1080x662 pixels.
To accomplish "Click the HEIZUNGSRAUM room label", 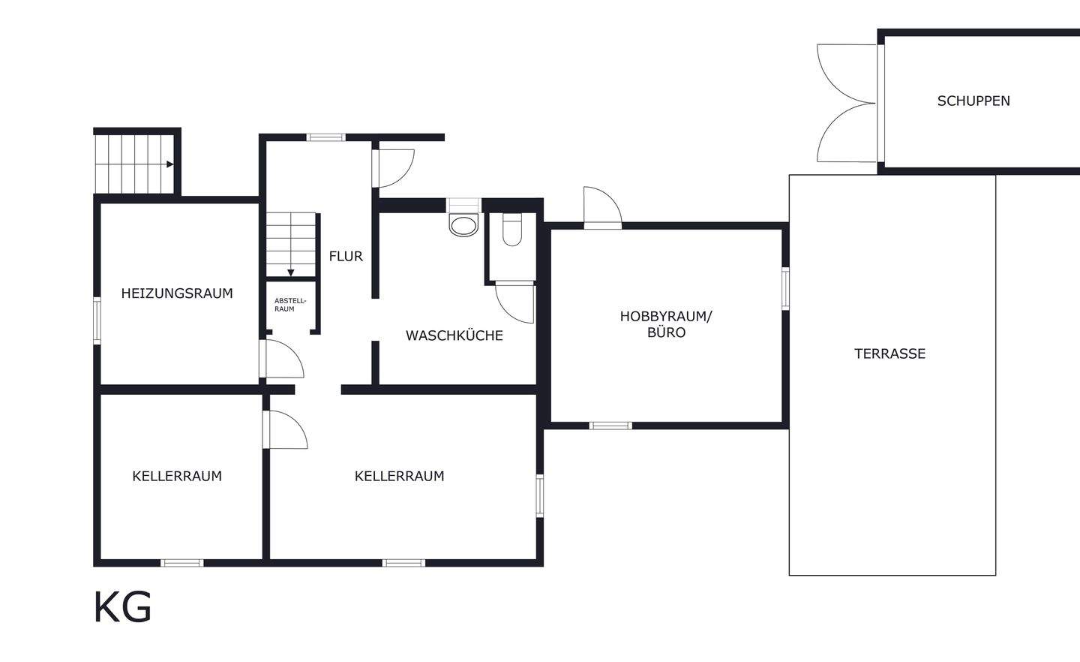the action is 177,293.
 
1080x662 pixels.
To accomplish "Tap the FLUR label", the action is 346,257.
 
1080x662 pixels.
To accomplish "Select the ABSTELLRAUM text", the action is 289,305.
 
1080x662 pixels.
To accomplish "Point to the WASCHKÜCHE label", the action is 454,336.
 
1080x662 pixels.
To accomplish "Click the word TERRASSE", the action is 889,354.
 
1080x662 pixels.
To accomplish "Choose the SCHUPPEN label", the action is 973,101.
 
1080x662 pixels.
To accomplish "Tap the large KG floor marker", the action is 122,607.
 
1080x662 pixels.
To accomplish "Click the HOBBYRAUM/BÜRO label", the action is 666,324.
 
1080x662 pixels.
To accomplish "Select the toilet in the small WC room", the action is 512,230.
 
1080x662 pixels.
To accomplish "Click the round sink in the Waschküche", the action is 463,224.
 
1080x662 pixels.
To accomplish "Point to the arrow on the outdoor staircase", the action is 170,164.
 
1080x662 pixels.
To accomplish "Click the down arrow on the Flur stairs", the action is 291,272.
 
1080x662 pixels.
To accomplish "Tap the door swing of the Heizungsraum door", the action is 283,359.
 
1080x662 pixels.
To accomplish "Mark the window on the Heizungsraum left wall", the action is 97,320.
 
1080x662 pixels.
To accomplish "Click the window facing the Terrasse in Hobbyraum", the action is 785,288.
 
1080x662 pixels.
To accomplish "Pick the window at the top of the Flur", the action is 325,137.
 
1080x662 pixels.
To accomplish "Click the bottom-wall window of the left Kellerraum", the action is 182,562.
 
